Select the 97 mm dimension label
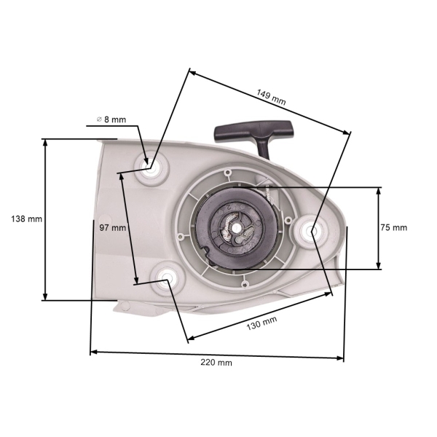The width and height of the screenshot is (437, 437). click(x=113, y=227)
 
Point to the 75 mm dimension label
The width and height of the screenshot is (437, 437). click(x=393, y=227)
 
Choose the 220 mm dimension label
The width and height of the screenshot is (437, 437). click(x=218, y=362)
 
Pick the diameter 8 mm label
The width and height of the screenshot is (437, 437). click(x=111, y=119)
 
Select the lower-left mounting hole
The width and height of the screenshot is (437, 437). click(x=167, y=277)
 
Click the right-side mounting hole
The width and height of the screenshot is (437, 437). click(x=312, y=231)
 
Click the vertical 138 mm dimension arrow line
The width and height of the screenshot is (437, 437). click(x=46, y=219)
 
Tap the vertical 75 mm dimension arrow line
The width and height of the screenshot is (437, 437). click(x=379, y=228)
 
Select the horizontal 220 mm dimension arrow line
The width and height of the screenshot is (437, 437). click(x=217, y=355)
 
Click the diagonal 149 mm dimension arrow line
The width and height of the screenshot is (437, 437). click(x=269, y=101)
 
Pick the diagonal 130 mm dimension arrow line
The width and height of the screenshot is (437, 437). click(x=259, y=315)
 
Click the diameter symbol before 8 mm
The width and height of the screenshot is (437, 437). click(x=98, y=119)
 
